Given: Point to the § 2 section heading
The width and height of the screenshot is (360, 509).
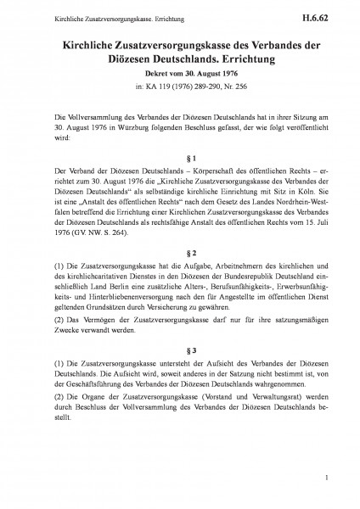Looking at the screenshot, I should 179,252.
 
